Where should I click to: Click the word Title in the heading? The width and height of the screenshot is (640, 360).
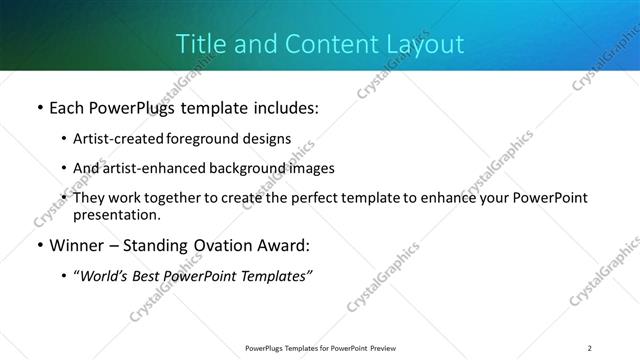[x=198, y=44]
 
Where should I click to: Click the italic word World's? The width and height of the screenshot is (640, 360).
[x=105, y=276]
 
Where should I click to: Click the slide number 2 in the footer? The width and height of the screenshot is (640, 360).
[x=590, y=347]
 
